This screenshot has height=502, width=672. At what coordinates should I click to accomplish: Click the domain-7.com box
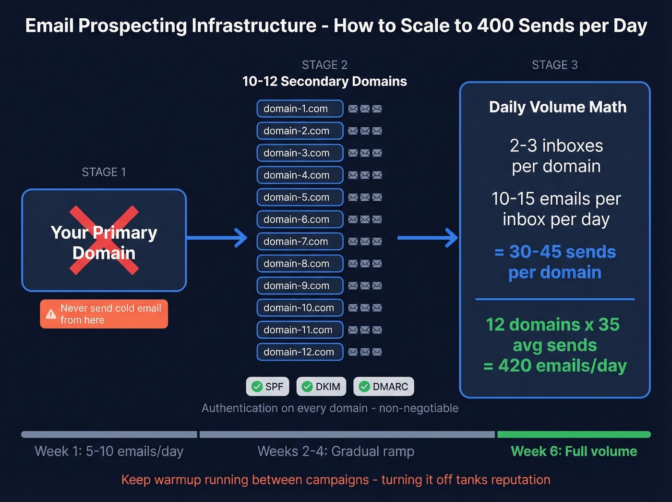click(x=300, y=241)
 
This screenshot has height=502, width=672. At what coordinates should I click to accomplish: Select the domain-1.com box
click(x=300, y=109)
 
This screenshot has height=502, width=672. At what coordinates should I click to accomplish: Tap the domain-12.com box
click(x=300, y=352)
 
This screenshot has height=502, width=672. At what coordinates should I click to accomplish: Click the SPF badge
click(x=268, y=387)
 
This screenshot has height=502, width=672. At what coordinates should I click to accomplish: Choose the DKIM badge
click(x=321, y=387)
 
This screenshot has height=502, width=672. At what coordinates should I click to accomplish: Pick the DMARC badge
click(x=384, y=387)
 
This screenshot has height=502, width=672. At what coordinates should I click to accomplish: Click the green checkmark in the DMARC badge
click(x=365, y=387)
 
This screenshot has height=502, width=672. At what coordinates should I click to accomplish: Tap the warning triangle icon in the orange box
click(x=51, y=315)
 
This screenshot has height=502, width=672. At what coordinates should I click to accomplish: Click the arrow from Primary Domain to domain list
click(x=216, y=238)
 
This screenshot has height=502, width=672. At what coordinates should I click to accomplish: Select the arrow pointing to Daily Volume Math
click(x=428, y=238)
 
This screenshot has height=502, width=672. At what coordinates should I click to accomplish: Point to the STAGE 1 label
click(x=104, y=172)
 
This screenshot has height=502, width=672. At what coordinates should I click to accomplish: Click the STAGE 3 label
click(x=554, y=65)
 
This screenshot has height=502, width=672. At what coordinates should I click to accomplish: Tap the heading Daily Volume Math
click(x=557, y=107)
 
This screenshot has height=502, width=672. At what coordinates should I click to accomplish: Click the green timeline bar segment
click(x=574, y=434)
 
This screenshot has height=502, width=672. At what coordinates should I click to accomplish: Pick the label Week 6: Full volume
click(x=574, y=451)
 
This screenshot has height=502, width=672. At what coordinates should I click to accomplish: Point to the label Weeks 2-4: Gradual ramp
click(x=336, y=451)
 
